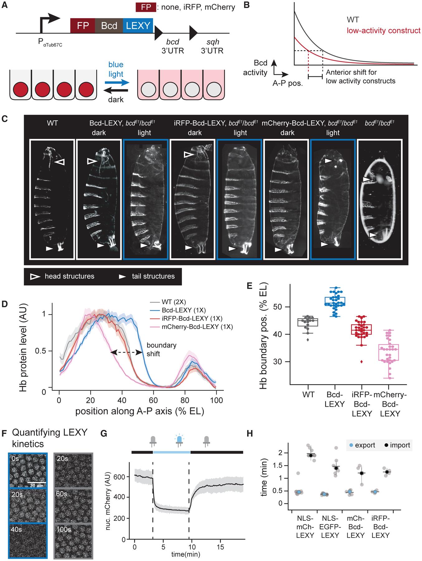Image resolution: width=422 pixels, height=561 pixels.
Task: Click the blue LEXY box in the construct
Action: pos(138,26)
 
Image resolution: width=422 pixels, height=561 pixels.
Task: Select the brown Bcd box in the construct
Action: pos(109,26)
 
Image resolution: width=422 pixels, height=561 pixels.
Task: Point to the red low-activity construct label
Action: pos(384,31)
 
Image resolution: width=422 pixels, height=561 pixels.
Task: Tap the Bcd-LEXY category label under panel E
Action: pos(335,400)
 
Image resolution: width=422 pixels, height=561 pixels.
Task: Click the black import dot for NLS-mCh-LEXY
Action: pos(310,455)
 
